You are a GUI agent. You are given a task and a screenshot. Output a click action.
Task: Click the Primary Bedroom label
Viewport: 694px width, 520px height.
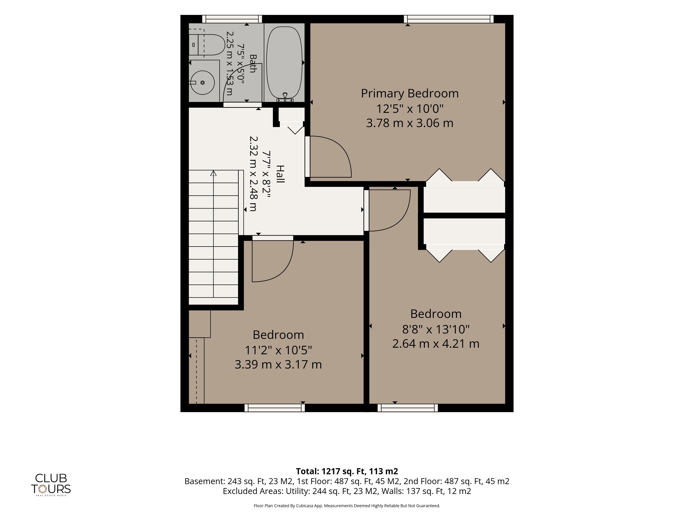click(410, 93)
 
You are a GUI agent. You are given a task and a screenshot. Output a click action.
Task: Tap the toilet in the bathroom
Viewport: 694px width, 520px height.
click(206, 45)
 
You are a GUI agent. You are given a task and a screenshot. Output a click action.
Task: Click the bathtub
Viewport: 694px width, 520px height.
click(284, 63)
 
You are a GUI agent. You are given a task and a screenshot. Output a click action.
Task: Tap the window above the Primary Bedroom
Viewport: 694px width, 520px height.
click(449, 19)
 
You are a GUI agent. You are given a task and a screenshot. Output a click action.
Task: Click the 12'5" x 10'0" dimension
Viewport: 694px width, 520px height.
click(410, 109)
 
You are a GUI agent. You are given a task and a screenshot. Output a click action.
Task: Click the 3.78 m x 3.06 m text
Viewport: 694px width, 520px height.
click(410, 123)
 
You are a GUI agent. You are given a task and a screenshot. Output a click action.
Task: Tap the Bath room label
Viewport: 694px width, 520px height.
click(253, 64)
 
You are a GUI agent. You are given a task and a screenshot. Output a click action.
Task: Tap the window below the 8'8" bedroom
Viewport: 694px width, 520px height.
click(408, 408)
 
